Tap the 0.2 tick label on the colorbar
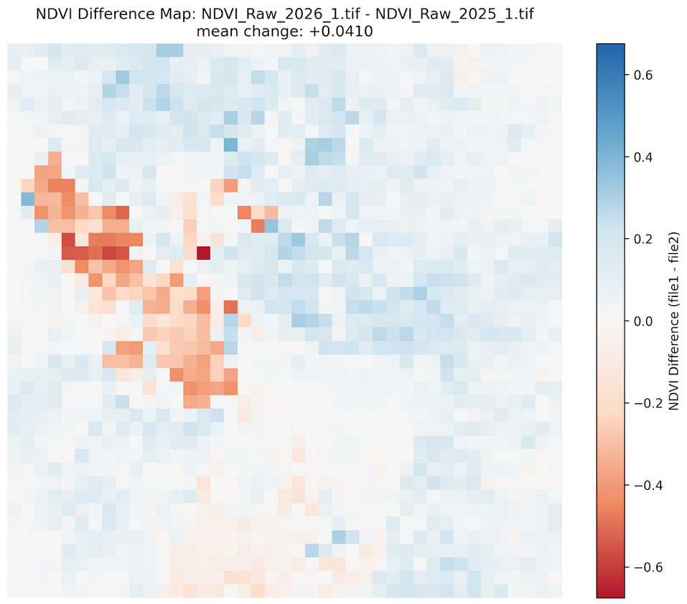(642, 239)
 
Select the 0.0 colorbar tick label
(642, 321)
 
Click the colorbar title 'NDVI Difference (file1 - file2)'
(674, 321)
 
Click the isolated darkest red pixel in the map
(204, 253)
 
